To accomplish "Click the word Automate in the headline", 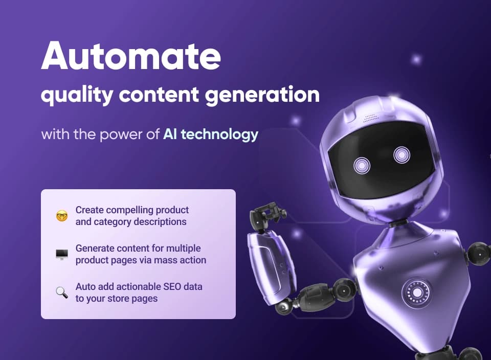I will pyautogui.click(x=130, y=57).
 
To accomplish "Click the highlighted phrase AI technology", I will pyautogui.click(x=211, y=135).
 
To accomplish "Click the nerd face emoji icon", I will pyautogui.click(x=62, y=216).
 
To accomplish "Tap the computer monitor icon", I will pyautogui.click(x=62, y=254).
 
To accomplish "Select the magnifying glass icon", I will pyautogui.click(x=62, y=292).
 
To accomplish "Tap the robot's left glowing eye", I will pyautogui.click(x=362, y=165).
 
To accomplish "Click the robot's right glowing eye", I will pyautogui.click(x=401, y=155).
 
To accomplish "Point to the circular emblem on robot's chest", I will pyautogui.click(x=415, y=291).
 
